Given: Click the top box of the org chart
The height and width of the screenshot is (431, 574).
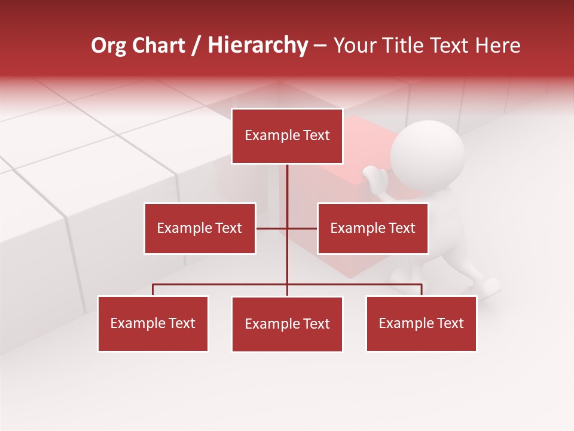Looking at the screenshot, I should click(x=287, y=136).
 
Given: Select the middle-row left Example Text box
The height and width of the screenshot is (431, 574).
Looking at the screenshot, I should click(x=200, y=229).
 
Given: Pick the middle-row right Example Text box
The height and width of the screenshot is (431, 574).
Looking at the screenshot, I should click(x=373, y=229).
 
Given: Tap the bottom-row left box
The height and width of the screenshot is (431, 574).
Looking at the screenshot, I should click(x=153, y=324).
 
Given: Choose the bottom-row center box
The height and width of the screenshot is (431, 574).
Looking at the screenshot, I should click(x=287, y=324).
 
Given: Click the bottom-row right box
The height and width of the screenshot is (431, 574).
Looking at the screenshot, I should click(x=421, y=324).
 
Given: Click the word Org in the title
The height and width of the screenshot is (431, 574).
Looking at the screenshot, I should click(x=109, y=46).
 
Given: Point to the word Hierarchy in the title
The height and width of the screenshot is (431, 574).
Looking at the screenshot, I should click(x=258, y=46).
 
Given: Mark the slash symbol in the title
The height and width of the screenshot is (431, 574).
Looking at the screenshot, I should click(x=196, y=46).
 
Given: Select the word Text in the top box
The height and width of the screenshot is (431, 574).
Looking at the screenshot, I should click(x=316, y=135).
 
